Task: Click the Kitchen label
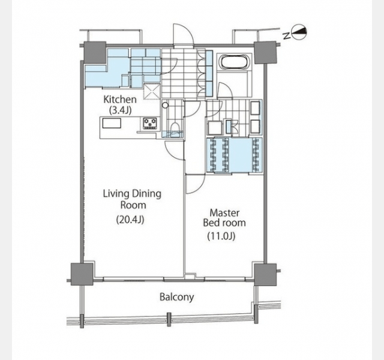click(x=120, y=100)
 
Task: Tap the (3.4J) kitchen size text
click(x=120, y=110)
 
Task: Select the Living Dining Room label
click(x=132, y=199)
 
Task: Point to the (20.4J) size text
click(x=130, y=220)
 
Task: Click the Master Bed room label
click(x=224, y=218)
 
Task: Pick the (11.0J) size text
click(x=221, y=236)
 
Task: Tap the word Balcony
click(x=177, y=297)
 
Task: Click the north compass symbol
click(x=299, y=32)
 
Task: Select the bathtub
click(x=235, y=62)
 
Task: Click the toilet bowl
click(x=175, y=127)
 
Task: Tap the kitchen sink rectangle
click(x=112, y=123)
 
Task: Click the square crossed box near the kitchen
click(x=152, y=92)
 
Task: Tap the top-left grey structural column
click(x=95, y=52)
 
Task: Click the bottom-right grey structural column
click(x=265, y=275)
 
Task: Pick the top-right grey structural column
click(x=265, y=52)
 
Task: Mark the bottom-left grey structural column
click(x=82, y=274)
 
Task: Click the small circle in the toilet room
click(x=166, y=106)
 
